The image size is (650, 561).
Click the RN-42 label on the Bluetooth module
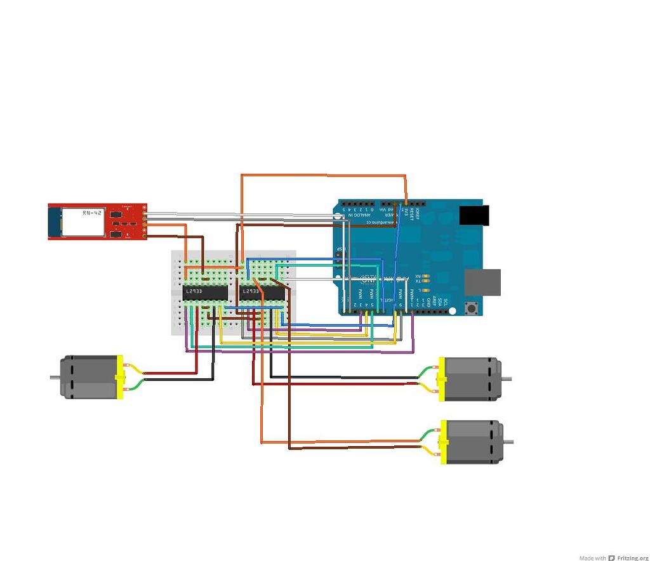click(x=92, y=213)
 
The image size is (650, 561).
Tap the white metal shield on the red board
click(x=83, y=221)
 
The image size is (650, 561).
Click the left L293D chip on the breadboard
click(x=205, y=292)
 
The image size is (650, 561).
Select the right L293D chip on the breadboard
click(x=262, y=292)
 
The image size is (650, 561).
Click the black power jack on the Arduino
click(x=475, y=215)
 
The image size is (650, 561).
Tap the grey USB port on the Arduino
click(x=482, y=282)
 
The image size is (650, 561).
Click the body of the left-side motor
click(x=89, y=377)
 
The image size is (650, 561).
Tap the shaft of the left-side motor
click(x=55, y=378)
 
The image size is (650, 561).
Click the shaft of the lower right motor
click(x=508, y=442)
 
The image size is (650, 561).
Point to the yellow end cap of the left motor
click(x=119, y=377)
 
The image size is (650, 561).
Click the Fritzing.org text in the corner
click(x=632, y=558)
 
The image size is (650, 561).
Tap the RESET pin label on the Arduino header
click(x=411, y=211)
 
